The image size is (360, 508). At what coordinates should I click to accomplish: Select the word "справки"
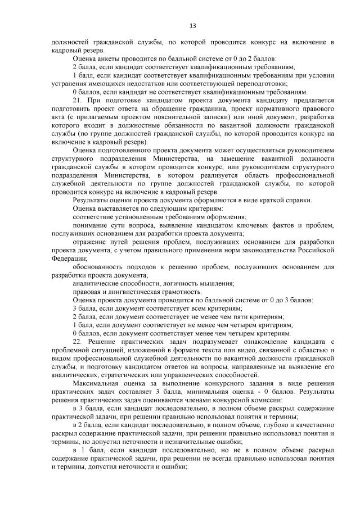[x=298, y=199]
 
